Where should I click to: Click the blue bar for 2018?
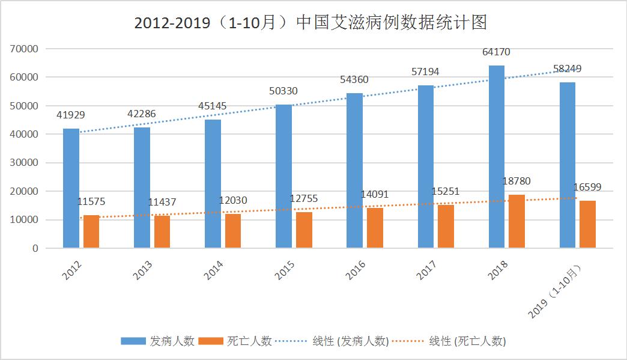point(496,156)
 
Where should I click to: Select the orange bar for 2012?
point(91,231)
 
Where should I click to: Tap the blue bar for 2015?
point(283,176)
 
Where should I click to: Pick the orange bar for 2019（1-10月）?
point(587,224)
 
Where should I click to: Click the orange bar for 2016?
point(375,228)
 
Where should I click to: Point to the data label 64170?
point(496,52)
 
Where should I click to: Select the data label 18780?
point(516,181)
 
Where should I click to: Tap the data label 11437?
point(162,203)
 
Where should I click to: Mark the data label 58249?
point(567,69)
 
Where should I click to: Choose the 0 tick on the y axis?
point(35,248)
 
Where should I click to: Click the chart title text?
point(310,23)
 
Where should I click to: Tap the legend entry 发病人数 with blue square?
point(157,341)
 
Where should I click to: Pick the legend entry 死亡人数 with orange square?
point(236,341)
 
